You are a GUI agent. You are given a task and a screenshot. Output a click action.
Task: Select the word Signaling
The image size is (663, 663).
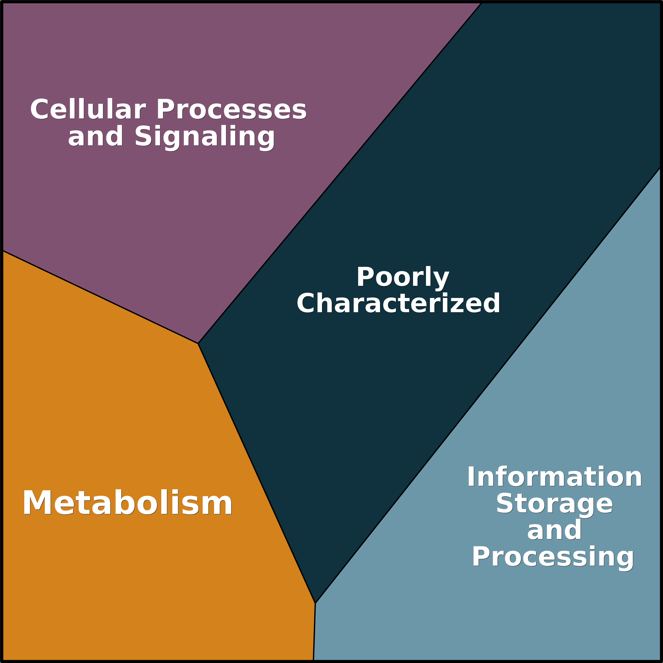coord(205,136)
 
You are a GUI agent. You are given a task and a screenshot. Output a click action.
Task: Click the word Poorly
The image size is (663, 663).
coord(402,277)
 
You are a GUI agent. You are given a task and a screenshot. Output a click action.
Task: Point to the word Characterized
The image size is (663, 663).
coord(398,303)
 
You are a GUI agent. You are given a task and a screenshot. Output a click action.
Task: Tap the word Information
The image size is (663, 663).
coord(554,477)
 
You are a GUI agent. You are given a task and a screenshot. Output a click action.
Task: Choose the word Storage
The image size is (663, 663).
coord(554,504)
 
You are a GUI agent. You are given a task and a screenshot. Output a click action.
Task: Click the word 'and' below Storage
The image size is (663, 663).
coord(554,530)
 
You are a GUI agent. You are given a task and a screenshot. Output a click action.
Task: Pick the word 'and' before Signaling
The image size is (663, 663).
coord(95,136)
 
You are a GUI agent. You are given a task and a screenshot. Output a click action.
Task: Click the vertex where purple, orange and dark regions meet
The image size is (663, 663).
coord(198,343)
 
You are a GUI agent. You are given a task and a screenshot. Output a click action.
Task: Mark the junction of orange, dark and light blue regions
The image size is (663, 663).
coord(315,603)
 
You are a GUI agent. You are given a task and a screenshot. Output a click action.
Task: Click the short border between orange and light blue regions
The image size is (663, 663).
coord(314,631)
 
